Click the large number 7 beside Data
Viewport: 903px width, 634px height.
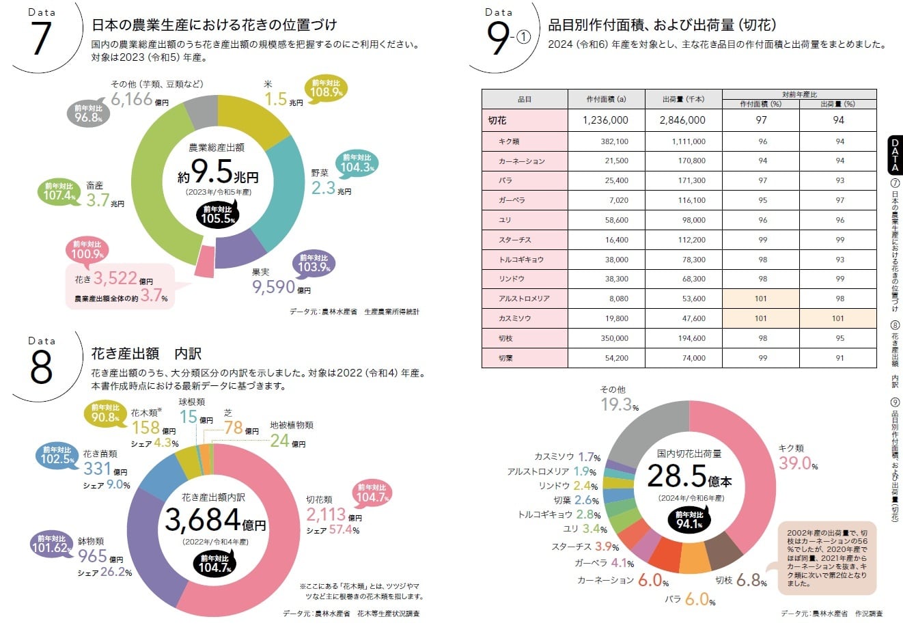tap(41, 38)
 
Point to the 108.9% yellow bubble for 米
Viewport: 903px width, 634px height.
tap(327, 89)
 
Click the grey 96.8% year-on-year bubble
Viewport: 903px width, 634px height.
tap(88, 113)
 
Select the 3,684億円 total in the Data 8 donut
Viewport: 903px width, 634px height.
tap(215, 521)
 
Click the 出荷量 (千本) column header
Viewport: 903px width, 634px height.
tap(683, 100)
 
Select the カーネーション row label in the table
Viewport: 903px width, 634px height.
tap(523, 161)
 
